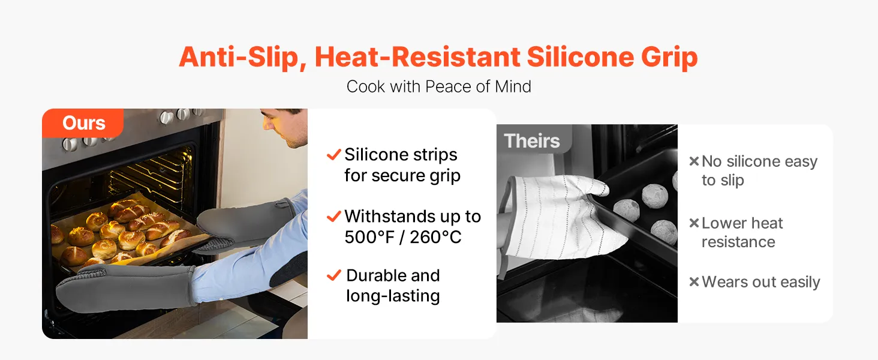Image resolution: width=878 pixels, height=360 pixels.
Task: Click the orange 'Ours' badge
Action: [83, 123]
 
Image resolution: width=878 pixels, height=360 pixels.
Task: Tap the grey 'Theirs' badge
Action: [534, 139]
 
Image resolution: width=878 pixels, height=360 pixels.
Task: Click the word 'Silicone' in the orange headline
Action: [580, 57]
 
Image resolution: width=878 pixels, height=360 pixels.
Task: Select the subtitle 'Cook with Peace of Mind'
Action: [438, 86]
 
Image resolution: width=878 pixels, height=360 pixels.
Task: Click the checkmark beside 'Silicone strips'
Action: [333, 155]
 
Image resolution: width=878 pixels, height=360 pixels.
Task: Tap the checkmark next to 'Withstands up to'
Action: [333, 216]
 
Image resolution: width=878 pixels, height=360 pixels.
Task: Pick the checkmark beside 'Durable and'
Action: [333, 275]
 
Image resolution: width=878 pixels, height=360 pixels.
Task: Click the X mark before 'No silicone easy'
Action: [694, 161]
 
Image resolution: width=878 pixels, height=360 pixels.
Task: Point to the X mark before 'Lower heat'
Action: [694, 223]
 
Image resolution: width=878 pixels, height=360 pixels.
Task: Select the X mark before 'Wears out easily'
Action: [694, 281]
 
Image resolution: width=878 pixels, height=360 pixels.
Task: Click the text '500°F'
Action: [369, 237]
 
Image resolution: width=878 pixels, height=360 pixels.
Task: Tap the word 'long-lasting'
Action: [393, 296]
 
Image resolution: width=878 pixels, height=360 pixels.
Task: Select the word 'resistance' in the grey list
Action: [738, 242]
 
